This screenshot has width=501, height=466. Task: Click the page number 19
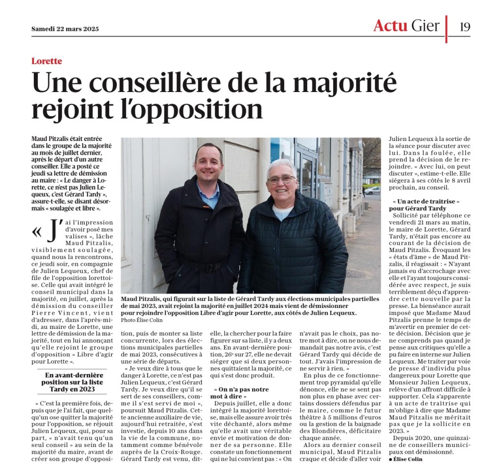[x=464, y=26]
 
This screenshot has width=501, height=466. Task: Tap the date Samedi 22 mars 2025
[x=65, y=28]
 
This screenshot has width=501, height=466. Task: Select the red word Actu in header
[x=390, y=25]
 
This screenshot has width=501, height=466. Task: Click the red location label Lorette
[x=46, y=61]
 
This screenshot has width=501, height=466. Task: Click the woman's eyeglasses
[x=281, y=180]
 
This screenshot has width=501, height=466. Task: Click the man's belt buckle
[x=212, y=267]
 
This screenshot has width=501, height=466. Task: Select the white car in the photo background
[x=372, y=190]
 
